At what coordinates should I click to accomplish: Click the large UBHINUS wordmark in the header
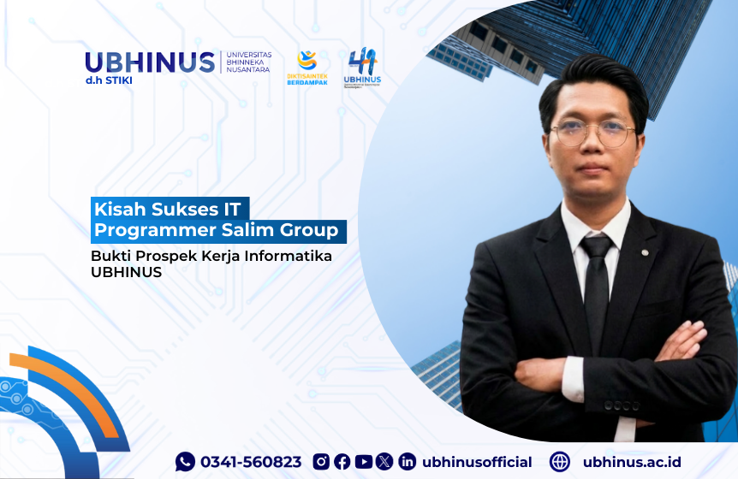click(x=150, y=62)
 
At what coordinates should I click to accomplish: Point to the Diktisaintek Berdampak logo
click(x=307, y=68)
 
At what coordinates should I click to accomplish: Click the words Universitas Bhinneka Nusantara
click(x=247, y=62)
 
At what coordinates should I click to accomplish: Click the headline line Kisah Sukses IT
click(x=171, y=208)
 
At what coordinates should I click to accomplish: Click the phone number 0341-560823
click(x=251, y=462)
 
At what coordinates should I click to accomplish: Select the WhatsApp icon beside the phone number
click(x=185, y=462)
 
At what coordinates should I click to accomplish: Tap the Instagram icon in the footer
click(x=321, y=462)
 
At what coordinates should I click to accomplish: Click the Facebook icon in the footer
click(x=342, y=462)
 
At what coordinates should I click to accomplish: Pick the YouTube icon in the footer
click(x=363, y=462)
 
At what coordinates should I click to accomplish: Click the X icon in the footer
click(x=384, y=462)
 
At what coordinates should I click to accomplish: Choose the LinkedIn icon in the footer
click(x=407, y=462)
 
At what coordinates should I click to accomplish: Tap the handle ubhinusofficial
click(x=477, y=462)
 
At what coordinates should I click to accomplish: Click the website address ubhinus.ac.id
click(x=632, y=462)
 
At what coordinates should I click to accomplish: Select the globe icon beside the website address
click(x=560, y=462)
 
